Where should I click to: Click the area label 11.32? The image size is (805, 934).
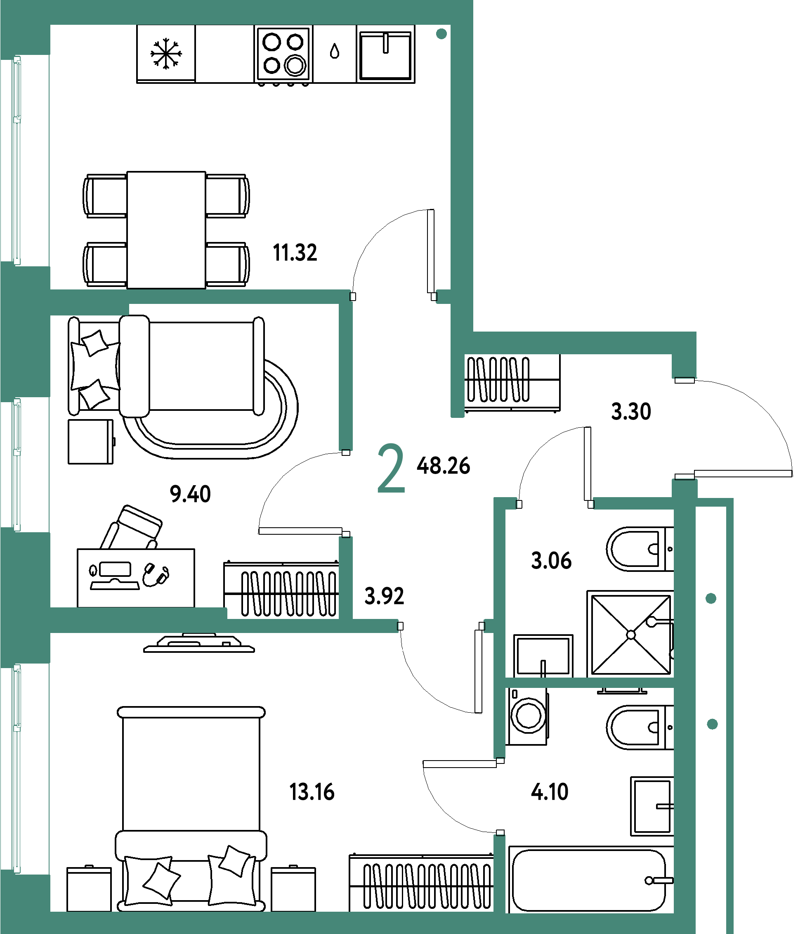click(295, 252)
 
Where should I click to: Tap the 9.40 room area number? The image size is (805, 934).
click(190, 493)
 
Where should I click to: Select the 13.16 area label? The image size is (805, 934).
click(312, 792)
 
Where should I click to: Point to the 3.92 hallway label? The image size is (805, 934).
click(384, 596)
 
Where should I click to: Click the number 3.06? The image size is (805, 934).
click(551, 561)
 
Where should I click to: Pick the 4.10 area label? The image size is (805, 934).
click(550, 792)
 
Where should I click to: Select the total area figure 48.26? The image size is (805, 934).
click(443, 466)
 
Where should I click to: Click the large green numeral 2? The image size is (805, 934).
click(391, 468)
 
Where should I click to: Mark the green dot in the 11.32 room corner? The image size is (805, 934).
click(441, 34)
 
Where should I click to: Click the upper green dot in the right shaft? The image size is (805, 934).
click(711, 599)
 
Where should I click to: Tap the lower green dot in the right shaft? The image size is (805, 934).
click(712, 724)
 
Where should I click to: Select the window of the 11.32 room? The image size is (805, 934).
click(17, 160)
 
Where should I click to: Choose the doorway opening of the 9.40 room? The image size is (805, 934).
click(345, 493)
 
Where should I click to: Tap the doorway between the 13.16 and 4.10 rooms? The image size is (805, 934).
click(499, 797)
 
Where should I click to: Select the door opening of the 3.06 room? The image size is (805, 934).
click(555, 503)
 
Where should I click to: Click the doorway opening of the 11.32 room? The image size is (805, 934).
click(394, 296)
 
